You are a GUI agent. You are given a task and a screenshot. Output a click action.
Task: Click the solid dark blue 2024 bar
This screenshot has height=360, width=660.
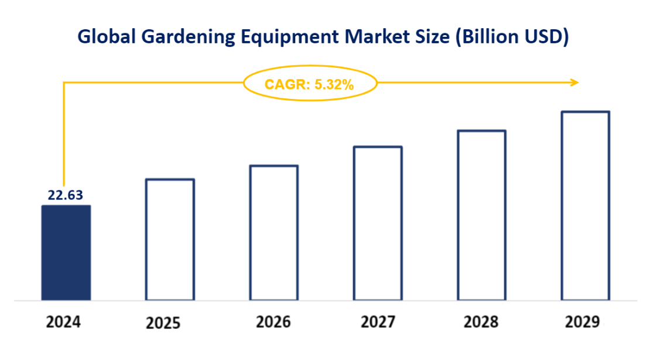click(x=66, y=253)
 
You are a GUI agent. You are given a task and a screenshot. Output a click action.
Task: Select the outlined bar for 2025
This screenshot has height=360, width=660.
click(x=170, y=239)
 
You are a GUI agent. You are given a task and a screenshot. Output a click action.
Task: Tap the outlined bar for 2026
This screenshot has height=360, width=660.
click(x=274, y=233)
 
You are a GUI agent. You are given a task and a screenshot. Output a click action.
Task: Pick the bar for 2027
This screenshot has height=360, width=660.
click(x=378, y=224)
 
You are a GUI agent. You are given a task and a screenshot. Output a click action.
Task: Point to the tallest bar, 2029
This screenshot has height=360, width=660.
click(x=586, y=205)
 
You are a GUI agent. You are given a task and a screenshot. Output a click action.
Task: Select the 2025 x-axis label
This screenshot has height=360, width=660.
click(x=164, y=323)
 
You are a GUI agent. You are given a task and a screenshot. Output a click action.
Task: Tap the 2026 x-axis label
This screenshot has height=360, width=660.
click(x=273, y=321)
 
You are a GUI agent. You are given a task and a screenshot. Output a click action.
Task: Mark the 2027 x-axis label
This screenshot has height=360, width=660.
click(x=378, y=321)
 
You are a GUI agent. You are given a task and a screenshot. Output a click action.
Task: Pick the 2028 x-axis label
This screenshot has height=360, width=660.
click(x=481, y=321)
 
